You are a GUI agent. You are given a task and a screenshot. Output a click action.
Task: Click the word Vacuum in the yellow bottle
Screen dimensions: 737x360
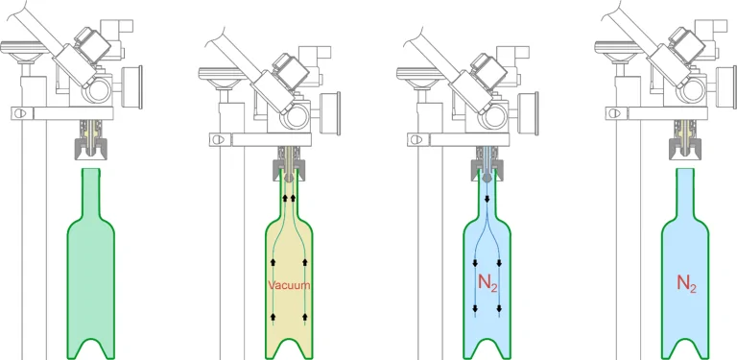289,285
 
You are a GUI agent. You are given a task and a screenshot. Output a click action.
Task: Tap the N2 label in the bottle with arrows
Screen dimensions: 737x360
487,283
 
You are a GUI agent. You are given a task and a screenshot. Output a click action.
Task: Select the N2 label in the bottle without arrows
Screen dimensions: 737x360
686,283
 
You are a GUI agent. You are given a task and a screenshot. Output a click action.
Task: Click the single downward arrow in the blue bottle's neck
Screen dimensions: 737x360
487,200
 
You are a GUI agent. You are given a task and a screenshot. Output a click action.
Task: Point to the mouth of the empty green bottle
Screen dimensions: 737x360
91,169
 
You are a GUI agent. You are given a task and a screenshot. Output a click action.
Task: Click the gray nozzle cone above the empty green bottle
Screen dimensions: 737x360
91,148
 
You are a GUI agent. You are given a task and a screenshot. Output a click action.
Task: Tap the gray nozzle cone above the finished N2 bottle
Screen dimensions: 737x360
685,148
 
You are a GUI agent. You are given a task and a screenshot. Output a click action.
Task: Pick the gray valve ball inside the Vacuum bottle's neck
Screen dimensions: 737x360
289,179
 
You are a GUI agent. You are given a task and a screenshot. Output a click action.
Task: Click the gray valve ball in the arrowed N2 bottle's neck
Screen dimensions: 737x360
487,179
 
